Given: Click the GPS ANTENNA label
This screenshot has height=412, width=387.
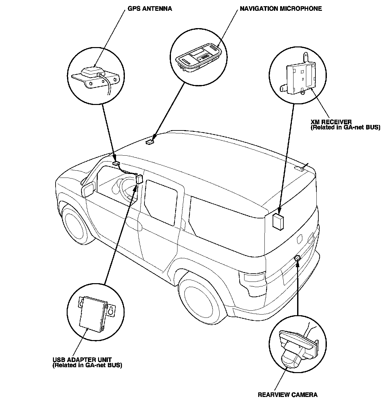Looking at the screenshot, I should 150,9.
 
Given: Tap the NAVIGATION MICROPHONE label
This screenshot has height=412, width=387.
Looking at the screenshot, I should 281,9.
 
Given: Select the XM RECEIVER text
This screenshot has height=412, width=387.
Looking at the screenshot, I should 331,122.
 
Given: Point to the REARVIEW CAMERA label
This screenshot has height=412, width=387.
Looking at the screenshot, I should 287,395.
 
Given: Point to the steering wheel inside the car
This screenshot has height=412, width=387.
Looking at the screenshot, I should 126,188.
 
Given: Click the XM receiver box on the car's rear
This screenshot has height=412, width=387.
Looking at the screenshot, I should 278,222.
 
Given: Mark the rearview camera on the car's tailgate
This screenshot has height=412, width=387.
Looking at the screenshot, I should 297,258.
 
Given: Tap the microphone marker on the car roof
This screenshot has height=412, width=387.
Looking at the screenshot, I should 149,142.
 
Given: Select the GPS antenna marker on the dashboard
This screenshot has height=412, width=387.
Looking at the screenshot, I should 116,163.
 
